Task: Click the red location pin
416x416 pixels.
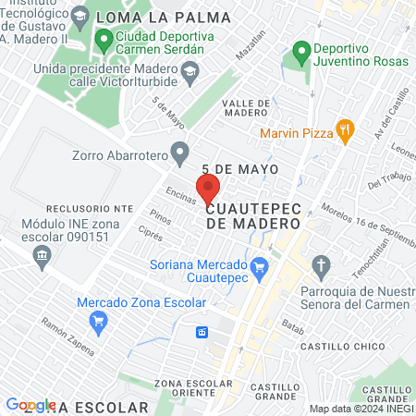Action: pyautogui.click(x=208, y=188)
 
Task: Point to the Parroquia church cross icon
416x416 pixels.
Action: pyautogui.click(x=321, y=267)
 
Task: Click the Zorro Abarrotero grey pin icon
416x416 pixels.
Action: pyautogui.click(x=180, y=149)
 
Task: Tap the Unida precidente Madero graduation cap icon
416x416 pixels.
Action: pyautogui.click(x=189, y=70)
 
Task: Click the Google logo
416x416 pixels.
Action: pyautogui.click(x=31, y=405)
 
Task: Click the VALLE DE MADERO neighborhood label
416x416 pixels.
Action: pyautogui.click(x=245, y=108)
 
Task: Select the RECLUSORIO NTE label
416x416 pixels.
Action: pyautogui.click(x=57, y=209)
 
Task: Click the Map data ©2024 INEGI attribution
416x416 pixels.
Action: pyautogui.click(x=360, y=408)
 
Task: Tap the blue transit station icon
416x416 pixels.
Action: pyautogui.click(x=201, y=332)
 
